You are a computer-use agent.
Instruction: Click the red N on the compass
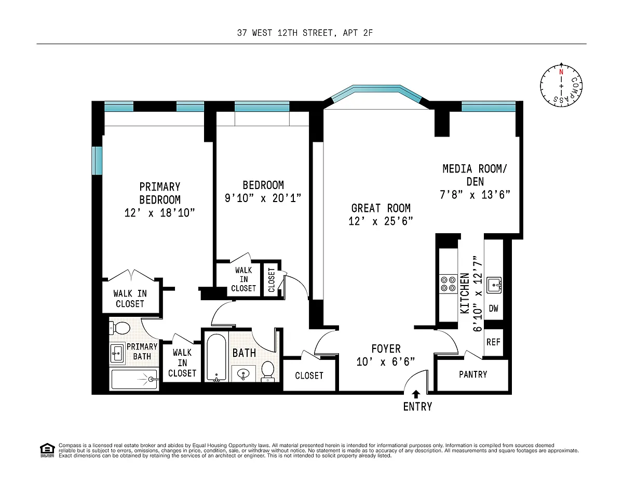coord(561,72)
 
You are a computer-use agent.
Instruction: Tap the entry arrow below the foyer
coord(416,394)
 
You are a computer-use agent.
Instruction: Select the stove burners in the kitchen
coord(448,284)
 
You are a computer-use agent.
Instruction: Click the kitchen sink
coord(494,285)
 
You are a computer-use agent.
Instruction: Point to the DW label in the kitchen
coord(493,308)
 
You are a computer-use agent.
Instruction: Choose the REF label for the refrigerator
coord(493,342)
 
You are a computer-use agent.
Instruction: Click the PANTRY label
coord(473,374)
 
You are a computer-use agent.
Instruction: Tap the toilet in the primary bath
coord(119,328)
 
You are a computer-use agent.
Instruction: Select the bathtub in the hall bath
coord(216,357)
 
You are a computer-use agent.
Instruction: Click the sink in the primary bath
coord(117,354)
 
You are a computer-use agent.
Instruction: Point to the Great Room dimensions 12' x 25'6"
coord(381,221)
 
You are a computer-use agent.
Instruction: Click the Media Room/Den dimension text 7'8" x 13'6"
coord(475,195)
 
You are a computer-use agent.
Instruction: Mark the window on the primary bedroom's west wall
coord(97,160)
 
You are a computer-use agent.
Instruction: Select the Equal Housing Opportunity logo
coord(47,450)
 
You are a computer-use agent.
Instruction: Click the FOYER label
coord(386,349)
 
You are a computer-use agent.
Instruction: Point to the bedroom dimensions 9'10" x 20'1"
coord(263,198)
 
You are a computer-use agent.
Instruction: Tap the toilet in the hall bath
coord(268,370)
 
